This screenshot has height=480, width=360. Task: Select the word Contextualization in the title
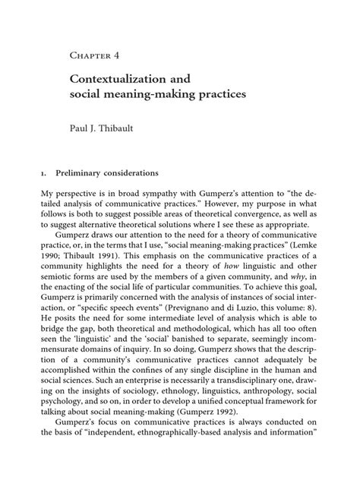coord(116,79)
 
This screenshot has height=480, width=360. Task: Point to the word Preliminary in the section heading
coord(97,172)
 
